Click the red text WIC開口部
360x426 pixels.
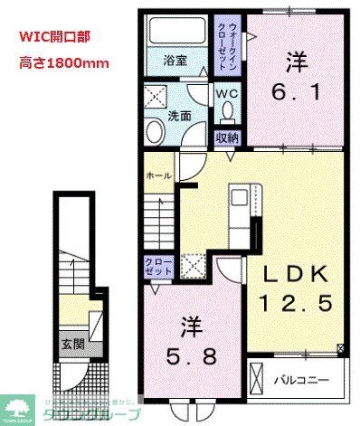(x=54, y=39)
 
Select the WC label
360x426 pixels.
(x=226, y=92)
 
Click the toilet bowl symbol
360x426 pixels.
(x=227, y=112)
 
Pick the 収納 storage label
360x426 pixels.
(x=226, y=137)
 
